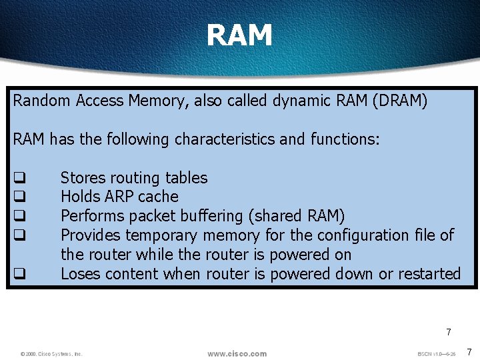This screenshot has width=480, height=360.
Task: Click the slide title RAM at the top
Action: coord(239,35)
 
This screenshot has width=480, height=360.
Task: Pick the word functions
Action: coord(345,139)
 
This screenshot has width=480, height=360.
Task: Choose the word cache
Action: coord(158,197)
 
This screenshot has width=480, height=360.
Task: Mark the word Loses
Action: coord(79,273)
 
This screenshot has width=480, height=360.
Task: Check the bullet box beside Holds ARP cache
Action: coord(20,197)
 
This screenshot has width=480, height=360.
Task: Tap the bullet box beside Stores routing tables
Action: coord(20,178)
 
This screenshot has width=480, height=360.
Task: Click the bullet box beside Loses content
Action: coord(20,274)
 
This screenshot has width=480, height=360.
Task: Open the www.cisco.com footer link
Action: coord(237,353)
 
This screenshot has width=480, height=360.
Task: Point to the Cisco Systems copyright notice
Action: coord(51,354)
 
